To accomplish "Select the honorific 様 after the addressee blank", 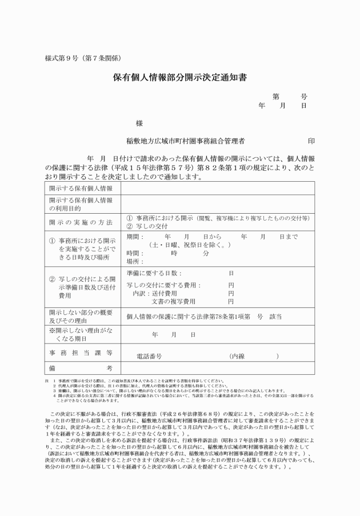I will click(x=139, y=123).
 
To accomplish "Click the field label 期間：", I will click(x=135, y=237).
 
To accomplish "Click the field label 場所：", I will click(x=135, y=261).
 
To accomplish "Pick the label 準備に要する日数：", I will click(x=154, y=273).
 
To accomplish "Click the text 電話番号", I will click(x=150, y=356).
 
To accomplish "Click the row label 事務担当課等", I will click(x=80, y=353).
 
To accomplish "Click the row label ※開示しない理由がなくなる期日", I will click(x=80, y=334).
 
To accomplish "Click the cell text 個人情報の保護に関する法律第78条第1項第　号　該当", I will click(x=203, y=316).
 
